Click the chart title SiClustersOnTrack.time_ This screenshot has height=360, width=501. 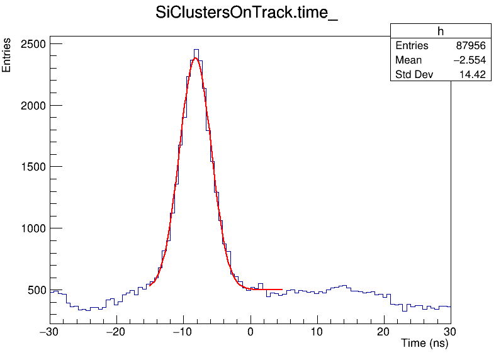(x=247, y=14)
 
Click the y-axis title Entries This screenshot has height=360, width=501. (x=7, y=55)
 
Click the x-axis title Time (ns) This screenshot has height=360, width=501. (x=424, y=344)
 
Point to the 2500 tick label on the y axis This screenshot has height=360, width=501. (x=31, y=45)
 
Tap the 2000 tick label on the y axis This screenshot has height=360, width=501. (x=31, y=106)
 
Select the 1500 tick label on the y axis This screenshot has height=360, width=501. (x=31, y=167)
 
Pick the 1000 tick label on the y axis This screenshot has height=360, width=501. (x=31, y=229)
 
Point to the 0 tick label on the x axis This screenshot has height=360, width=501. (x=250, y=332)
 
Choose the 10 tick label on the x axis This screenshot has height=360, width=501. (x=317, y=332)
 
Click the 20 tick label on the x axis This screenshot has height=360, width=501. (x=384, y=332)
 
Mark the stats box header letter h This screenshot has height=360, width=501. (x=441, y=31)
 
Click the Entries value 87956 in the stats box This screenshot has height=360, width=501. (x=470, y=46)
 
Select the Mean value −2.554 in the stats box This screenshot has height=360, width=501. (x=468, y=60)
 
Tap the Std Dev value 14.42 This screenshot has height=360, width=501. (x=472, y=75)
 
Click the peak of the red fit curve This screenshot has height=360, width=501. (x=195, y=58)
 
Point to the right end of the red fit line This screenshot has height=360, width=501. (x=282, y=290)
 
